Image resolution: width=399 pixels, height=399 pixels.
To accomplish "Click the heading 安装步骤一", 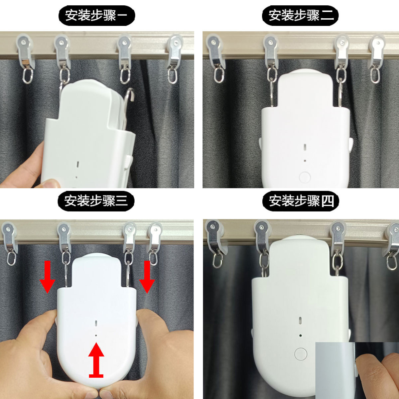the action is (x=96, y=15).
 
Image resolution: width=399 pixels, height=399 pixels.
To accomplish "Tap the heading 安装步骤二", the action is (x=300, y=15).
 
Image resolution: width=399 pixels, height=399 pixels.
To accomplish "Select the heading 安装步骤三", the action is (x=96, y=201).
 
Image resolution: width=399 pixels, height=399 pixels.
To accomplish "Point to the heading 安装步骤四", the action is (x=301, y=201).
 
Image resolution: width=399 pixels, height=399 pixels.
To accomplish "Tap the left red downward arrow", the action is (x=48, y=277).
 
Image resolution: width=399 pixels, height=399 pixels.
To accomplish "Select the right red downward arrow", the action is (x=147, y=277).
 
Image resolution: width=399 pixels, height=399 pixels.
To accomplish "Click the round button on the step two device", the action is (x=305, y=177).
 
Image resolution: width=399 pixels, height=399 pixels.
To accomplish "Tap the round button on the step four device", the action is (x=301, y=354).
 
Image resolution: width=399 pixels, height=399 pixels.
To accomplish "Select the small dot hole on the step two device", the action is (x=305, y=161).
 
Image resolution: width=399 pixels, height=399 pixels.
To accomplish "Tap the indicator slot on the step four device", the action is (x=300, y=320).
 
